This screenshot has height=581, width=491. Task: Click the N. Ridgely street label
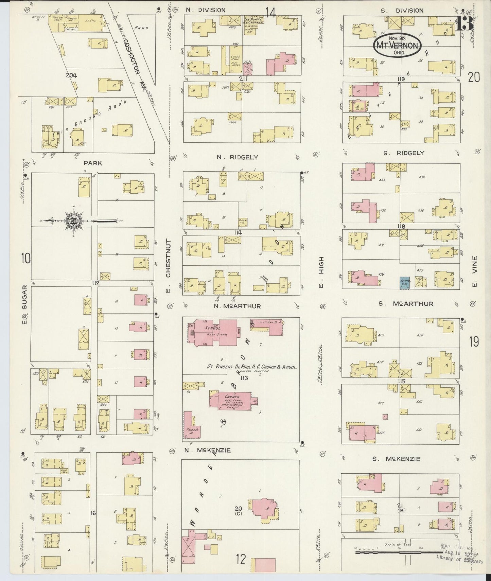(238, 157)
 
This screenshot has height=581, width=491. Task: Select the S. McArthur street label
(406, 304)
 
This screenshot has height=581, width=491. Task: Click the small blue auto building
(404, 283)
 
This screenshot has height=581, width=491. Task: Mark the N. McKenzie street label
(208, 451)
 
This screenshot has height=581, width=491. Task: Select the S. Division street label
(402, 11)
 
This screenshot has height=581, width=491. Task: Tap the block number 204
(72, 76)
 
